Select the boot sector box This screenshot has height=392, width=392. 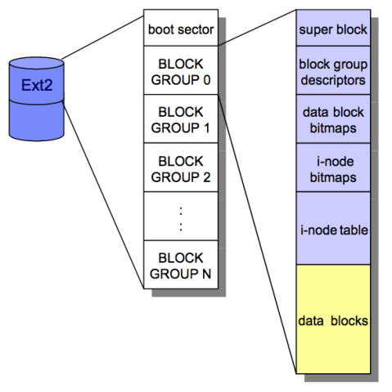tap(181, 30)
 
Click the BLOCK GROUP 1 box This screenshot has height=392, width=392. tap(181, 118)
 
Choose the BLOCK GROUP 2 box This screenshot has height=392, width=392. tap(181, 167)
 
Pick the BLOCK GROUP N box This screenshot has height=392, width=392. tap(181, 265)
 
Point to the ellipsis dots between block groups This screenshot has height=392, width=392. tap(181, 216)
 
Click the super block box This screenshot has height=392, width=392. tap(332, 30)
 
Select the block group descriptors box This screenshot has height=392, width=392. tap(332, 71)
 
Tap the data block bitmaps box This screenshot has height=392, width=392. tap(332, 120)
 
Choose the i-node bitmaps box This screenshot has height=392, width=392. tap(332, 168)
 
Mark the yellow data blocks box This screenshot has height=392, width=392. tap(332, 320)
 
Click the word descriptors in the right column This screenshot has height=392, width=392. tap(332, 79)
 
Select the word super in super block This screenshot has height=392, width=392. tap(315, 30)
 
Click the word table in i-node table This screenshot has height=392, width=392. tap(353, 230)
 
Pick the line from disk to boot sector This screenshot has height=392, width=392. tap(102, 40)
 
